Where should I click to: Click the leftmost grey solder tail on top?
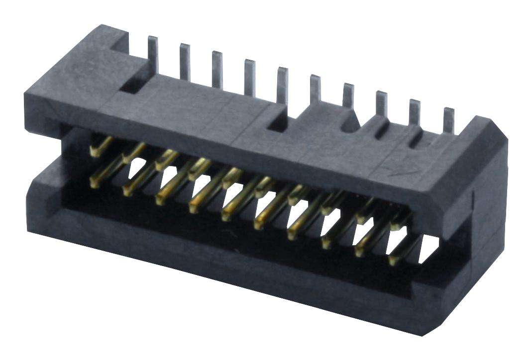click(x=154, y=55)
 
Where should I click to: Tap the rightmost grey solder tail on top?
click(x=449, y=119)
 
